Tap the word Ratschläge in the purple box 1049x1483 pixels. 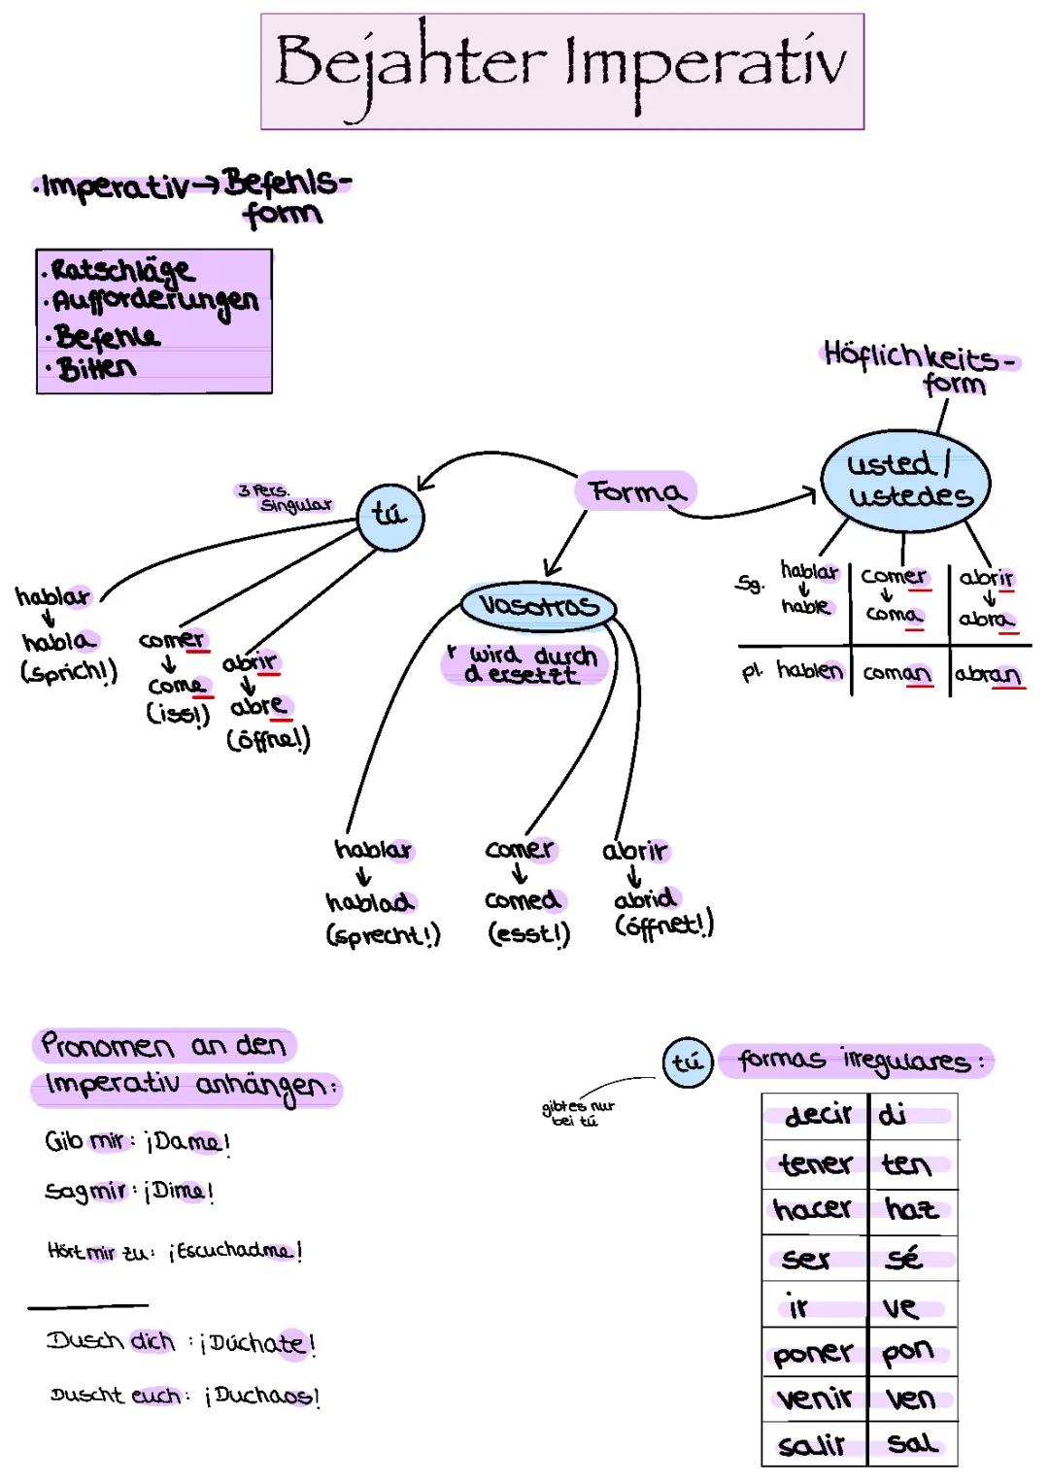121,269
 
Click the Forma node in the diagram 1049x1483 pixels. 636,491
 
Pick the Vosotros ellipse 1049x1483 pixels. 537,606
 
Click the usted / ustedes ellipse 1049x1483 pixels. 905,481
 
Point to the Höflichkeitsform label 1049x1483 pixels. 918,367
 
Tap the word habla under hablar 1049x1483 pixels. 58,641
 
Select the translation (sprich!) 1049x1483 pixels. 68,671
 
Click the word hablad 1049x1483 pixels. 370,902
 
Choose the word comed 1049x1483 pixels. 523,900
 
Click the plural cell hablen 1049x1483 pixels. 809,670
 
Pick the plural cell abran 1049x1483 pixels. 987,674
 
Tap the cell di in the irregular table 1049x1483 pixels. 894,1115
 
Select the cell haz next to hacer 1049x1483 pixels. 911,1209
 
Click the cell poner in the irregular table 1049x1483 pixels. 813,1353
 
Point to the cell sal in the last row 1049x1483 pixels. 911,1444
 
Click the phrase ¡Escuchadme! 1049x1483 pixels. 235,1251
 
